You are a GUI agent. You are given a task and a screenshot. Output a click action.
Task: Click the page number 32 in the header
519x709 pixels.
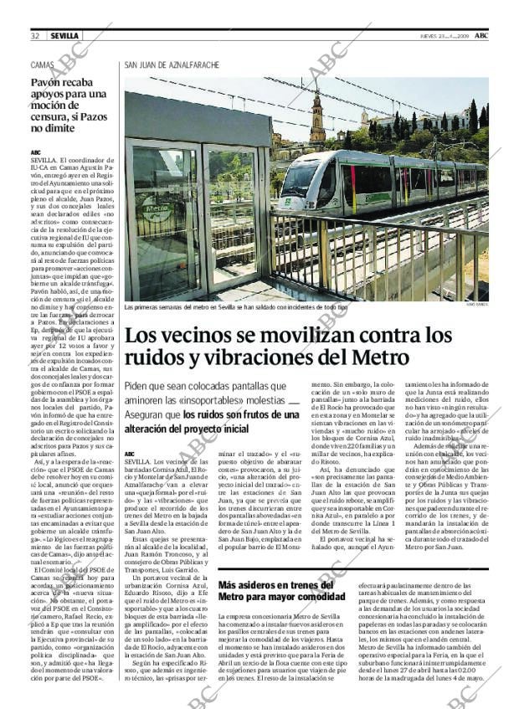(36, 36)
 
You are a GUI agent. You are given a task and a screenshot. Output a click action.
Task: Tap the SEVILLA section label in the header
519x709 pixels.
(64, 36)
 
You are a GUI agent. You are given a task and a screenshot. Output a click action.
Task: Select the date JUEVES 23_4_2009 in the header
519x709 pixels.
(444, 36)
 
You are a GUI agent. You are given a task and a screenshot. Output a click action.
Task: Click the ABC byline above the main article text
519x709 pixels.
(130, 453)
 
